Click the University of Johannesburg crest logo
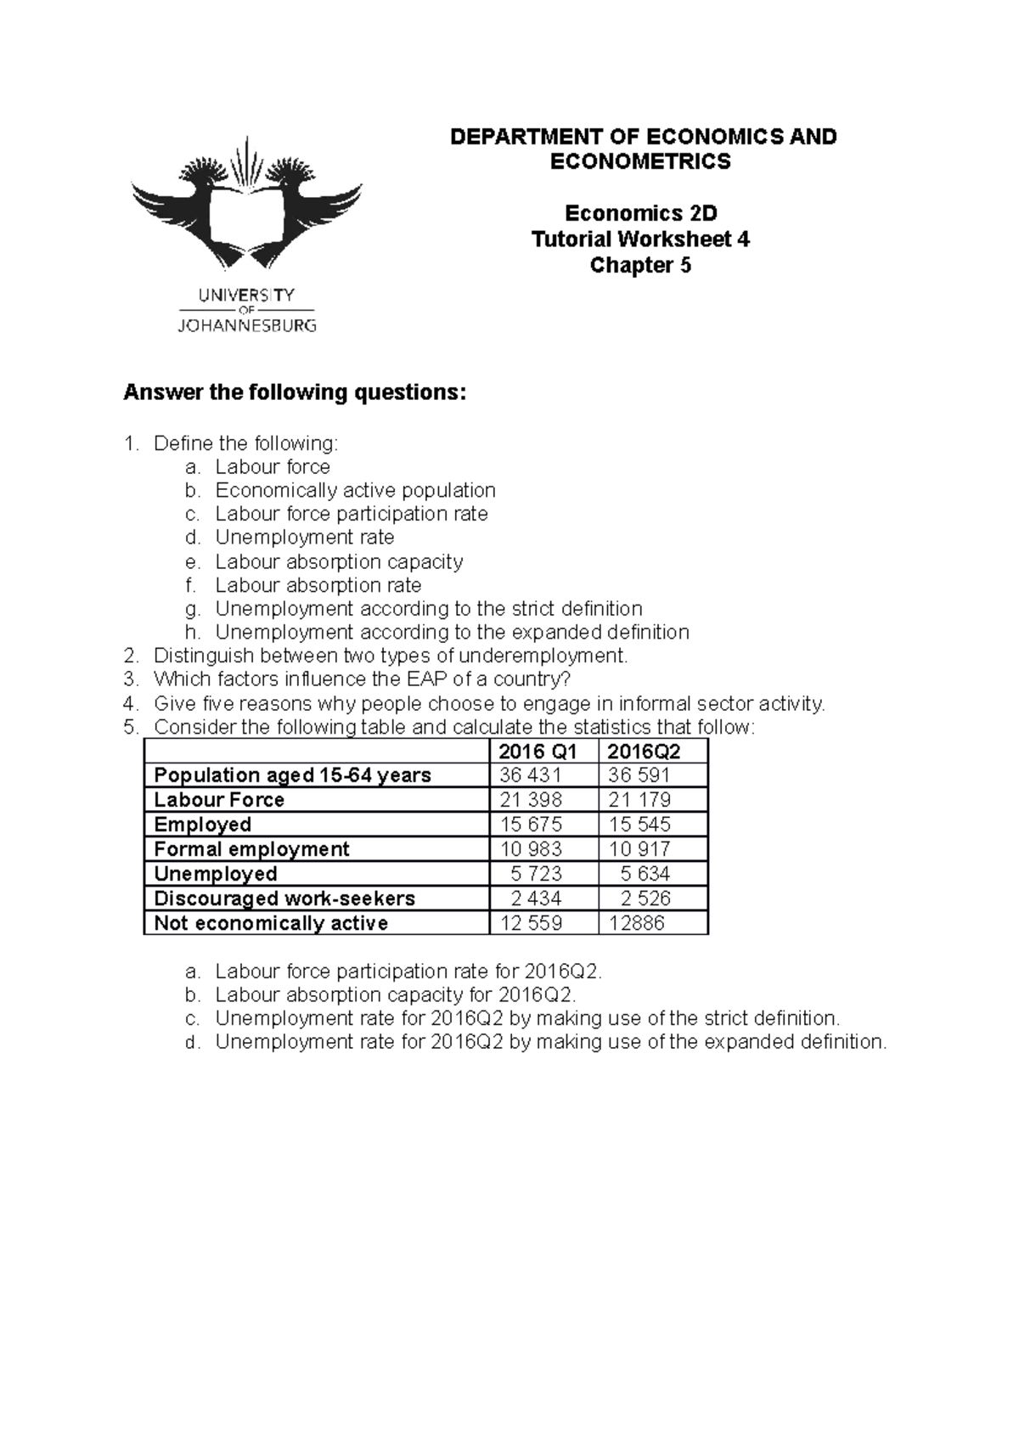pos(246,204)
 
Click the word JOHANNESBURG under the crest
pos(246,324)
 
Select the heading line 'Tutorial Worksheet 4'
pos(640,239)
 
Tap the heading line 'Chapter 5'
pos(640,266)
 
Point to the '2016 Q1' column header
pos(538,752)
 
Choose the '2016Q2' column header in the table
pos(645,752)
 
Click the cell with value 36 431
pos(531,775)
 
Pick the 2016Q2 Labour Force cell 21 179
pos(639,800)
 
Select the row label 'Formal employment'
pos(251,849)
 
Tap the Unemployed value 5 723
pos(535,874)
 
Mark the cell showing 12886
pos(637,923)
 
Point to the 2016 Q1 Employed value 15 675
pos(531,825)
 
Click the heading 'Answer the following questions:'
pos(295,393)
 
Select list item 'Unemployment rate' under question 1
pos(304,538)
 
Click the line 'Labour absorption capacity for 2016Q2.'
pos(396,995)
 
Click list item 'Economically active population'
pos(355,491)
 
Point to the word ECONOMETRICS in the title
pos(640,162)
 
